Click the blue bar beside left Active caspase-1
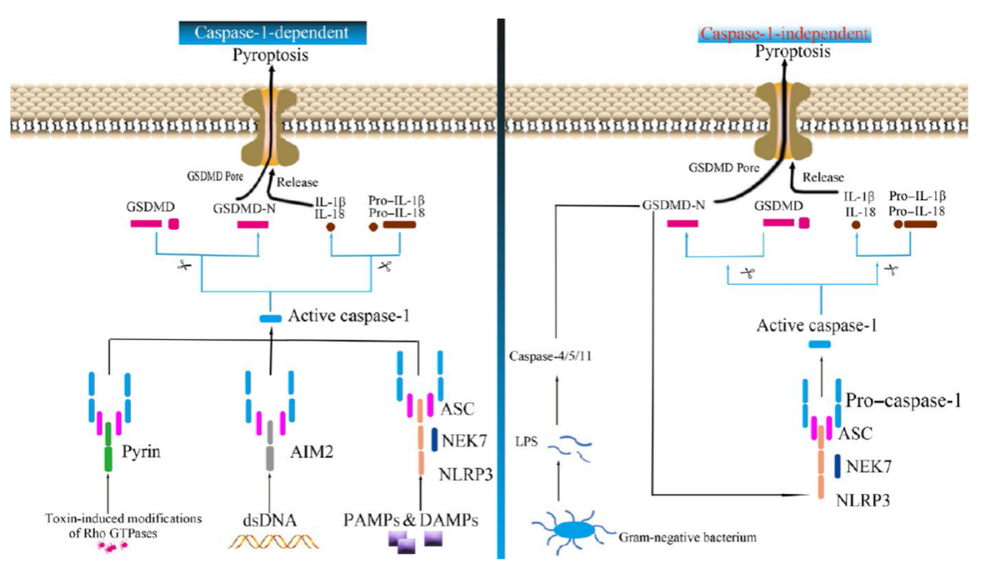(x=270, y=319)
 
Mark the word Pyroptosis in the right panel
(x=785, y=53)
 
